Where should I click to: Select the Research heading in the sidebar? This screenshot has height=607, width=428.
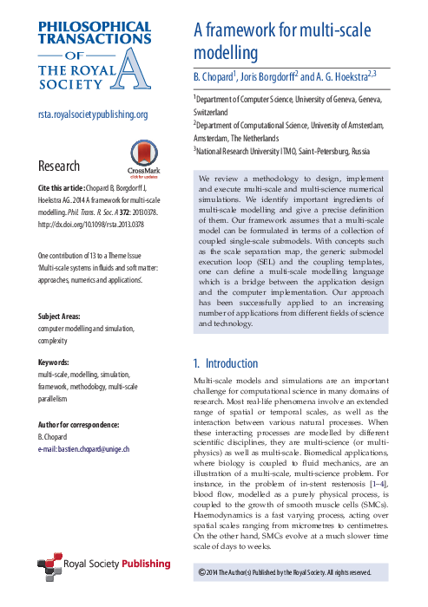coord(59,166)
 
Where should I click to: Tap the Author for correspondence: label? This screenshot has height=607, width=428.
coord(78,424)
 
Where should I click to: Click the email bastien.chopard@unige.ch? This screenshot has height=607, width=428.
coord(83,448)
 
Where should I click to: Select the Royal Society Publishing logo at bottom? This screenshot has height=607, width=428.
coord(97,565)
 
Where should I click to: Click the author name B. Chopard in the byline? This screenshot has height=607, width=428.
coord(215,77)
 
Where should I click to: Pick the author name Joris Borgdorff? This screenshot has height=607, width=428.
coord(267,77)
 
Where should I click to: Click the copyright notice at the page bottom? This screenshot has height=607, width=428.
coord(291,572)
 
